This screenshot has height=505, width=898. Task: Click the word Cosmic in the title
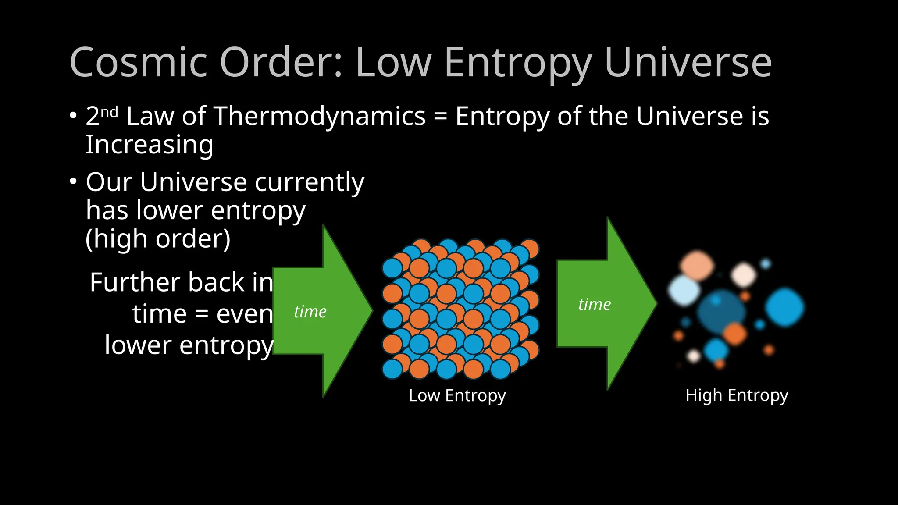138,63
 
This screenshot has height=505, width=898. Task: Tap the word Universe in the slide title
688,63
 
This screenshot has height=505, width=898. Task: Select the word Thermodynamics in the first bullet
320,117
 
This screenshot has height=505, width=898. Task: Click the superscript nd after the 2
109,112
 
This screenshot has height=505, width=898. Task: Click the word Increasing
149,145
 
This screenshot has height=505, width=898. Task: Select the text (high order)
158,239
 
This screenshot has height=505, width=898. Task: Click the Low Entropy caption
457,395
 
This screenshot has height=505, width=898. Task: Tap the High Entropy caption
737,395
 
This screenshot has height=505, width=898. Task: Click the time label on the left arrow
310,312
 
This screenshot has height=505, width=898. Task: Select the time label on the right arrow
594,304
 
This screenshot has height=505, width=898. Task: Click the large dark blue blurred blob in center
720,311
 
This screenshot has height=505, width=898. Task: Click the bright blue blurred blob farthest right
784,307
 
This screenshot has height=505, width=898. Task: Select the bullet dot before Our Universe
73,181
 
